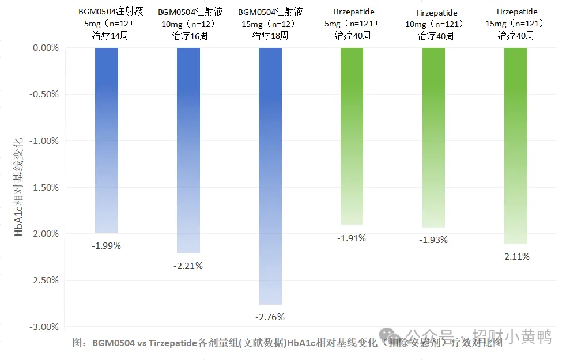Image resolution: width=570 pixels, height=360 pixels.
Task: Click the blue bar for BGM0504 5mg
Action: [x=106, y=140]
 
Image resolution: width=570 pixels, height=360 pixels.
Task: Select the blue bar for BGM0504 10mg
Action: [x=188, y=150]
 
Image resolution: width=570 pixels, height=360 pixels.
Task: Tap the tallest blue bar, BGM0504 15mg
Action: [x=270, y=176]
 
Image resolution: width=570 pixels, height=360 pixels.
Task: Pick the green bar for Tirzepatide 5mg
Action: [x=352, y=136]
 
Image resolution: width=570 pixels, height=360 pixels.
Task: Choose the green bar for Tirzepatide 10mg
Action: [x=433, y=137]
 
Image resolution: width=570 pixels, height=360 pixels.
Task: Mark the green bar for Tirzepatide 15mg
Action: [x=515, y=146]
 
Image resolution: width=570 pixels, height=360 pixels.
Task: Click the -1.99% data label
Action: [x=106, y=245]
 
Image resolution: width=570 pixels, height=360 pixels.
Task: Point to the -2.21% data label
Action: [x=188, y=266]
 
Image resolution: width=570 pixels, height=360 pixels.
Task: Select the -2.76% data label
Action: [x=270, y=317]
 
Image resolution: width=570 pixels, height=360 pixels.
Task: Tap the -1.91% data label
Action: [x=352, y=238]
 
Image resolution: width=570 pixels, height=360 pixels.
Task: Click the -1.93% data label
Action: [x=433, y=240]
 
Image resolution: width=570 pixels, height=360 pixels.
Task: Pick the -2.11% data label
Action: [x=515, y=257]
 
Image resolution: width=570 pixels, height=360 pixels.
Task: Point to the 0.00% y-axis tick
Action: [x=46, y=48]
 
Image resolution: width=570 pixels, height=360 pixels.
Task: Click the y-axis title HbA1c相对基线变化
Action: [x=19, y=187]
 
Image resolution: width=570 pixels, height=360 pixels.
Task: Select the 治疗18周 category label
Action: [x=270, y=36]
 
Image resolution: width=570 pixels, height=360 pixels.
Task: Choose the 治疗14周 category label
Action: [x=106, y=36]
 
